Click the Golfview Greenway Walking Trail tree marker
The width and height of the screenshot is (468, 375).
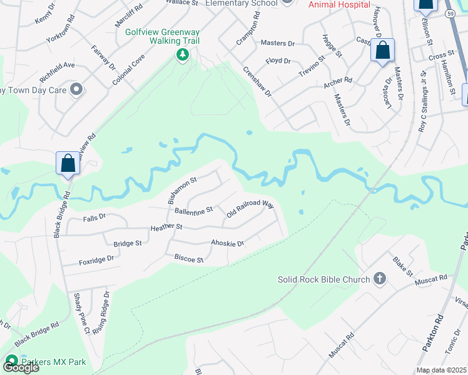[x=183, y=56]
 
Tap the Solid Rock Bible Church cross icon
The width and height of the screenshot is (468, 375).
[x=379, y=279]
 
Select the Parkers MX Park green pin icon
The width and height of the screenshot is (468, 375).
[x=11, y=361]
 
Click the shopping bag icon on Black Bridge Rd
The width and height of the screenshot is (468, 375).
[x=68, y=164]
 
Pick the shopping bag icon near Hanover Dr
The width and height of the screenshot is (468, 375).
[x=382, y=51]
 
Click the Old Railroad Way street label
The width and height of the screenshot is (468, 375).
[x=250, y=209]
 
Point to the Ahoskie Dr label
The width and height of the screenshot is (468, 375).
[x=227, y=243]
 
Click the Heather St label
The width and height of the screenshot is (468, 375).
[x=166, y=227]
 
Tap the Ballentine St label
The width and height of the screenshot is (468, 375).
[x=194, y=210]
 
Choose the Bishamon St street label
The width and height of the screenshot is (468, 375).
[x=182, y=189]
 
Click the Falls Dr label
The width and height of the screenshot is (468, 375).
[x=95, y=217]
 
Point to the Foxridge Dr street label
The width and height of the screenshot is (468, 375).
[x=96, y=258]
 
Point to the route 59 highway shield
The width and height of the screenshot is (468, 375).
[x=450, y=12]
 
